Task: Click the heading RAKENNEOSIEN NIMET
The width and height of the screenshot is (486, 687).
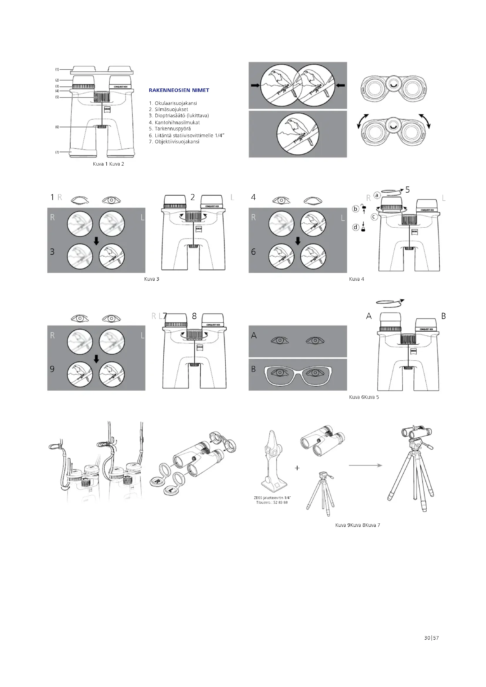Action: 179,90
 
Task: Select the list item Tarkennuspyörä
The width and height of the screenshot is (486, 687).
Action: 170,129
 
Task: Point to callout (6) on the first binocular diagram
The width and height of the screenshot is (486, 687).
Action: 57,127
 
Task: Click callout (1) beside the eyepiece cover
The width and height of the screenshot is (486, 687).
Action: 57,69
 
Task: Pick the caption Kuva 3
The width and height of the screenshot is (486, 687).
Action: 152,279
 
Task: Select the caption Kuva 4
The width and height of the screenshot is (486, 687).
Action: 356,279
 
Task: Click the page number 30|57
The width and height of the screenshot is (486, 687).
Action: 431,646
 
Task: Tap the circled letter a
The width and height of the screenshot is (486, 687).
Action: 377,195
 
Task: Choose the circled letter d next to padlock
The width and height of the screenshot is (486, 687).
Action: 356,227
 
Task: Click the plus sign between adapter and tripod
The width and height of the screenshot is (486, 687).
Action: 297,468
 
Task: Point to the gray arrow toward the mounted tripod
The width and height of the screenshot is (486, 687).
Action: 366,465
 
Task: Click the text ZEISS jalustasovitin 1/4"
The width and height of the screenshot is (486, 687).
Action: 272,498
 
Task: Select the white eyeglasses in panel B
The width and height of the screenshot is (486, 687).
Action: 298,374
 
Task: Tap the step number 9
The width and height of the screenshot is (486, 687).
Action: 52,369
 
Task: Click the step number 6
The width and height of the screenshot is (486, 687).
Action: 253,252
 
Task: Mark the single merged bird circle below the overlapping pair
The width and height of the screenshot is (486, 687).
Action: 298,134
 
